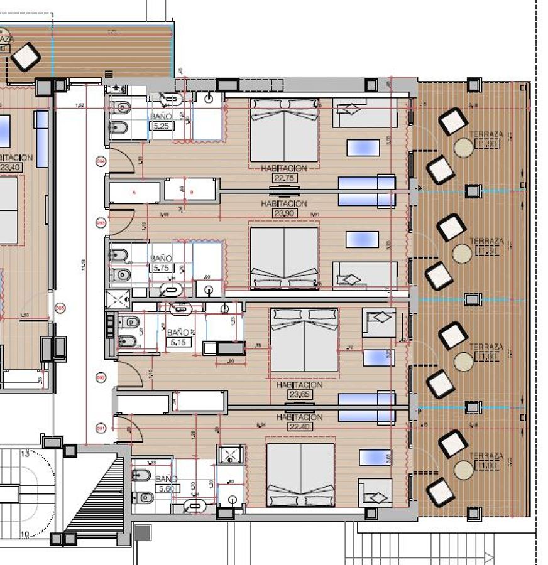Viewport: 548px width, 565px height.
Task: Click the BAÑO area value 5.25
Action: click(x=161, y=126)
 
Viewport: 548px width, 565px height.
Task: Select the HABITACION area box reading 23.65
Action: click(x=299, y=394)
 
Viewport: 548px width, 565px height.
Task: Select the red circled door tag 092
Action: click(x=100, y=377)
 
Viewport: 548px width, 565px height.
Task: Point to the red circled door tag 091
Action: click(x=100, y=429)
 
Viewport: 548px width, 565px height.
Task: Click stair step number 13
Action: click(x=25, y=454)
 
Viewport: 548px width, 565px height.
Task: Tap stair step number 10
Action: click(x=25, y=534)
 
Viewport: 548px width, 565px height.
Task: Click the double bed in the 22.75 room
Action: click(x=284, y=130)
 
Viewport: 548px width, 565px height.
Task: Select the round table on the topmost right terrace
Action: click(x=464, y=148)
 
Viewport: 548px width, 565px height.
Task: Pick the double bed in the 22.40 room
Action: click(x=300, y=474)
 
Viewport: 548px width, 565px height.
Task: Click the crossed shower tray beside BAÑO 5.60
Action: click(x=227, y=455)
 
